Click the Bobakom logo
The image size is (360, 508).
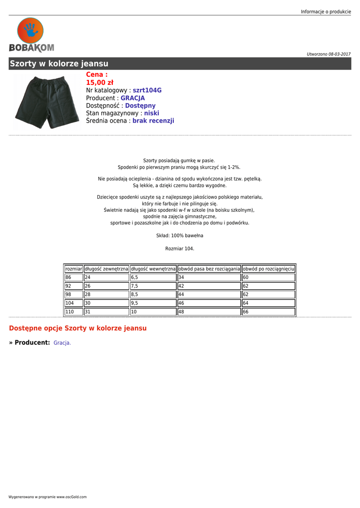pos(31,35)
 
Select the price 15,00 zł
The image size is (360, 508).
pos(99,82)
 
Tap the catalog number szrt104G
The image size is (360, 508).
pos(147,90)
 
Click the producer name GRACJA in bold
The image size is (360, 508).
pos(133,98)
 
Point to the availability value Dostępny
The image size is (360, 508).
pos(140,106)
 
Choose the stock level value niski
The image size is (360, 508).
pos(151,113)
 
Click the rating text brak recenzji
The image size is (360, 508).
pos(153,121)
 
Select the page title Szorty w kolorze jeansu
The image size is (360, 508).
pos(59,63)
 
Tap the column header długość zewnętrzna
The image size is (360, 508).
pos(106,269)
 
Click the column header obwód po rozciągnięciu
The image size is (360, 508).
pos(268,269)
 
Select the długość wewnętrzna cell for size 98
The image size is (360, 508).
pos(153,295)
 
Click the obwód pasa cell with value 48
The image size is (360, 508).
pos(209,312)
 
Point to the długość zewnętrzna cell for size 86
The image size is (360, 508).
pos(106,277)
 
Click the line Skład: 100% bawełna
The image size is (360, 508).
pos(180,236)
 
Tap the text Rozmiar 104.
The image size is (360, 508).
pos(180,249)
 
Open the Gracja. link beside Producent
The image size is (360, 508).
pos(62,343)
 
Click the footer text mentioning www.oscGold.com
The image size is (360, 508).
pos(48,497)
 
